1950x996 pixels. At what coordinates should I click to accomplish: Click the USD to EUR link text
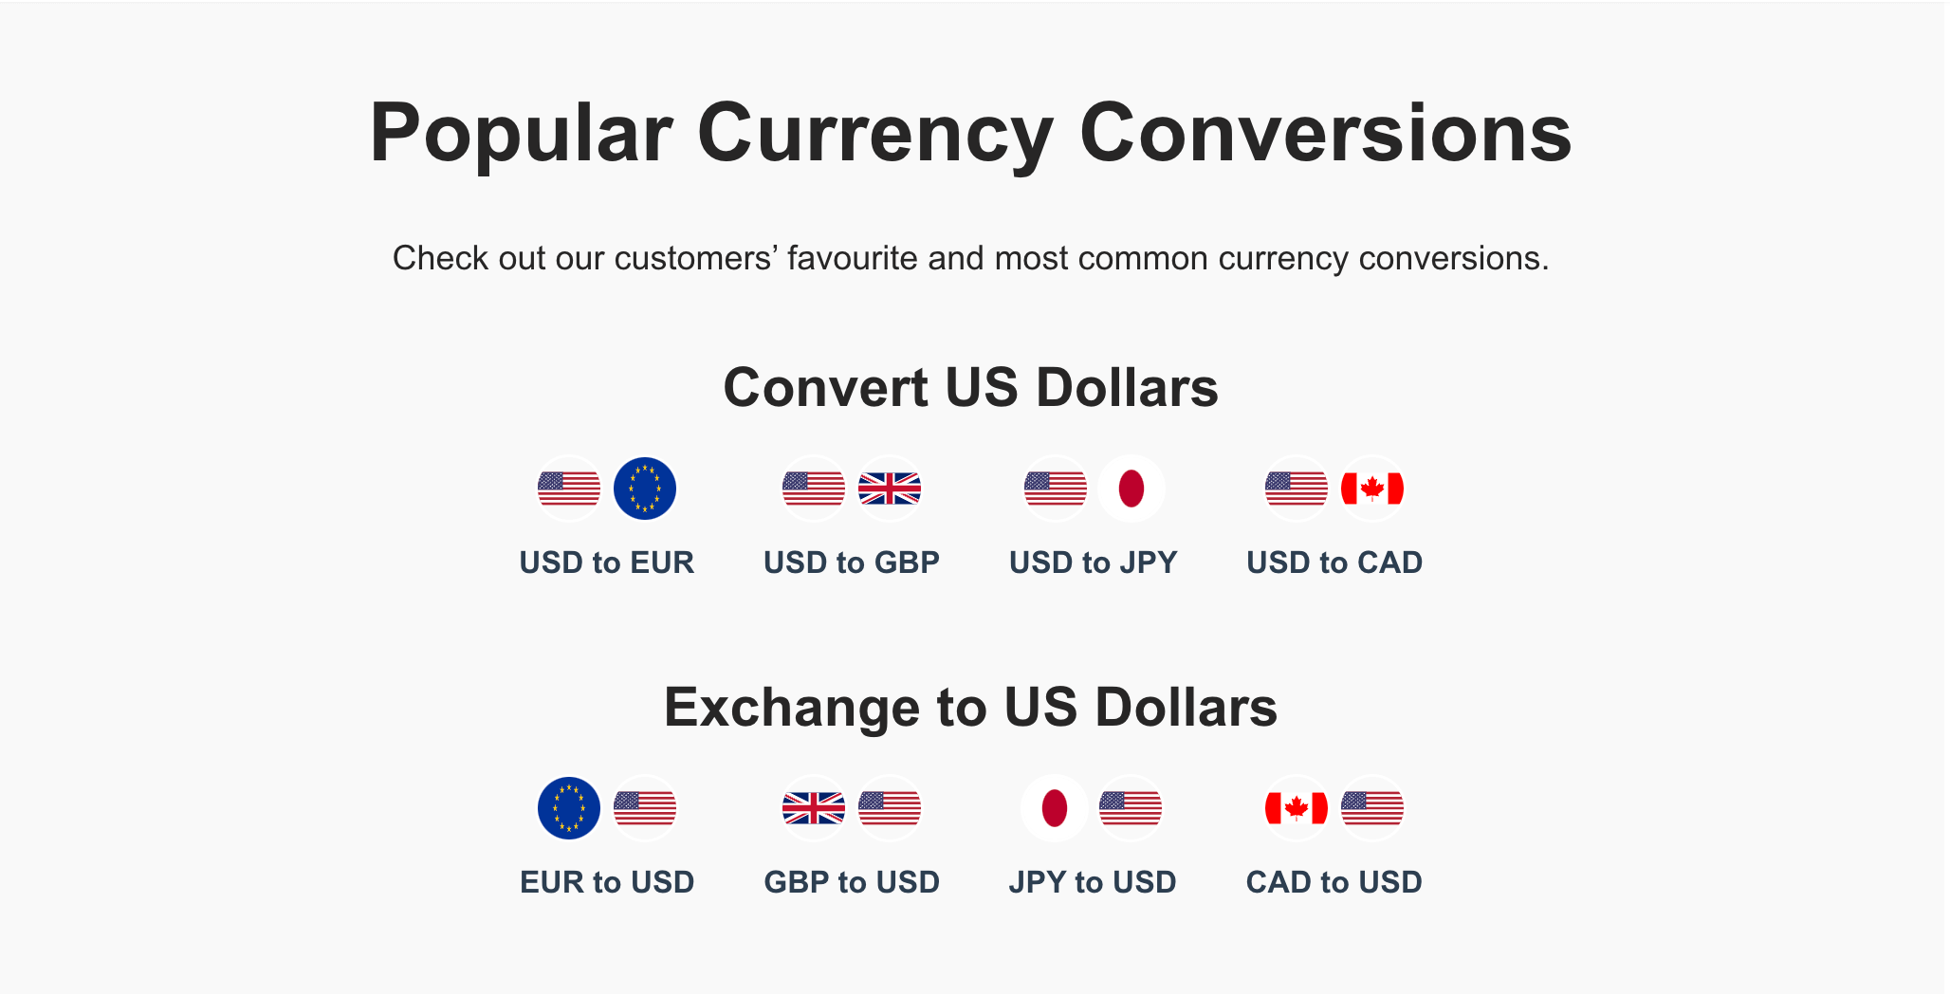(607, 563)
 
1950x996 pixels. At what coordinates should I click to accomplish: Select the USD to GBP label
(852, 563)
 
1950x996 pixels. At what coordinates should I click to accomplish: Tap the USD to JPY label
(1094, 563)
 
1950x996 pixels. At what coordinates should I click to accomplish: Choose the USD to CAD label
(1334, 563)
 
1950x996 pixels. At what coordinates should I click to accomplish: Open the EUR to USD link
(607, 882)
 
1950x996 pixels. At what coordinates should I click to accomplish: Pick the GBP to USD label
(852, 882)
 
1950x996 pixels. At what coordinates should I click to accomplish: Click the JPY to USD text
(1093, 882)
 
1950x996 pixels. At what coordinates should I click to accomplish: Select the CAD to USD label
(1334, 882)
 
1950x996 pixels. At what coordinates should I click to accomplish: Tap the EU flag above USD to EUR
(645, 489)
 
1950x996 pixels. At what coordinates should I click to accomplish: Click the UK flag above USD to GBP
(890, 489)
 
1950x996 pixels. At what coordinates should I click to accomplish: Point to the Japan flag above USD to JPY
(1131, 489)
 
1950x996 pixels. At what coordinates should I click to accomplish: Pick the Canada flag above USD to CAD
(1372, 489)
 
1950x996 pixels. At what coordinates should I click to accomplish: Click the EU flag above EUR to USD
(569, 808)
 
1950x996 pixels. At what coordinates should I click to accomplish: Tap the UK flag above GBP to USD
(814, 808)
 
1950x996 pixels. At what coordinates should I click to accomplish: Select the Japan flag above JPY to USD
(1055, 808)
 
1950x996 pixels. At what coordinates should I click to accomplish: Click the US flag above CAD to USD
(1372, 808)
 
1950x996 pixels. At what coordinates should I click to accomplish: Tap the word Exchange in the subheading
(792, 709)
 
